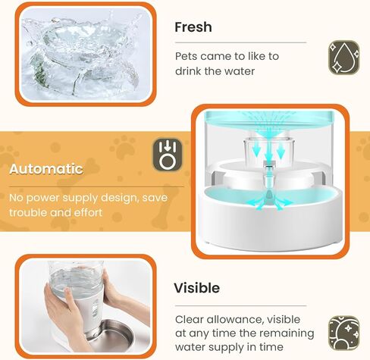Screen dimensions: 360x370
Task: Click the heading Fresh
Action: coord(193,27)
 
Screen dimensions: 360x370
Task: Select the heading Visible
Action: coord(197,288)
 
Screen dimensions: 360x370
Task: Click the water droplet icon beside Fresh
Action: coord(343,57)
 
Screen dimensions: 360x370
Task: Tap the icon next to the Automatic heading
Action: coord(167,155)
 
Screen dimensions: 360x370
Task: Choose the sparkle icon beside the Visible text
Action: coord(343,334)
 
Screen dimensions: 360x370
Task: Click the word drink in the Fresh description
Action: coord(190,70)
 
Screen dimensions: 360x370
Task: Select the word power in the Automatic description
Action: coord(45,198)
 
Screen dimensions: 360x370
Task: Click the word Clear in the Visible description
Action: coord(190,319)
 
